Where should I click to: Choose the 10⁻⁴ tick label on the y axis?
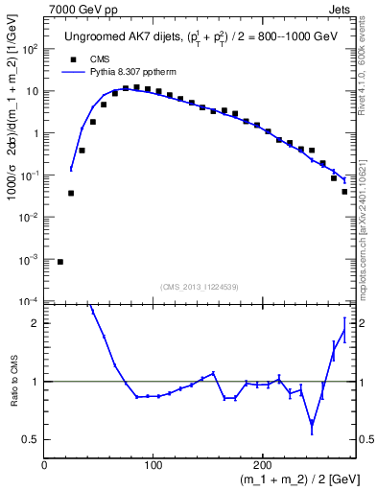pyautogui.click(x=30, y=301)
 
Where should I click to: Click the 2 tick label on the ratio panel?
pyautogui.click(x=35, y=323)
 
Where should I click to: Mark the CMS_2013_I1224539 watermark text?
pyautogui.click(x=199, y=287)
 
